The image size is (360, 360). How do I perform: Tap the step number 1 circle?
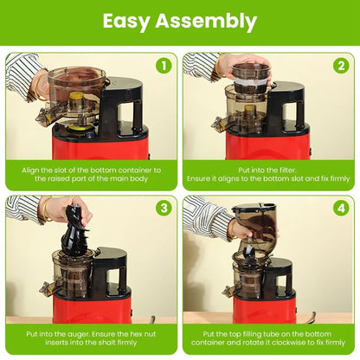tap(163, 66)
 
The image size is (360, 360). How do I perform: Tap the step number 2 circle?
tap(340, 66)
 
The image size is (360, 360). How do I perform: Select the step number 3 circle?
tap(163, 208)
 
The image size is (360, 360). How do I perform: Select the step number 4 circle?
tap(340, 208)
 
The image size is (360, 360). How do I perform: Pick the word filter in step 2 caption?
tap(272, 170)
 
